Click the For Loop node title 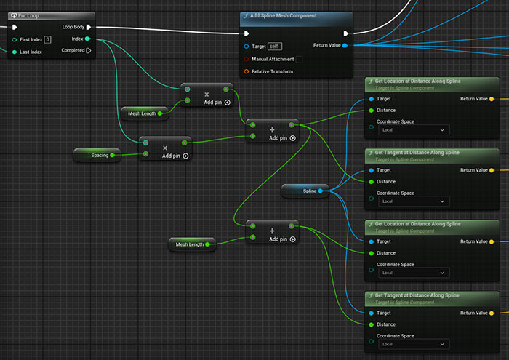[x=28, y=15]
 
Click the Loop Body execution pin [x=89, y=27]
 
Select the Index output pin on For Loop [x=87, y=39]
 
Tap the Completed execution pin [x=89, y=50]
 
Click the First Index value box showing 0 [x=47, y=39]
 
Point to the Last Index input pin [x=15, y=52]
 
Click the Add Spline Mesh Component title [x=283, y=15]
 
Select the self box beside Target [x=275, y=46]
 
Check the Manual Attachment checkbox [x=300, y=59]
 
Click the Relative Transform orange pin [x=247, y=71]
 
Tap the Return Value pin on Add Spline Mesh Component [x=345, y=45]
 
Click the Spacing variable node [x=97, y=155]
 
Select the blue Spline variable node [x=305, y=191]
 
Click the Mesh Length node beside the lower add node [x=192, y=244]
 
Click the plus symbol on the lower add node [x=272, y=231]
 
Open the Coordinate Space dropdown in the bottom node [x=414, y=344]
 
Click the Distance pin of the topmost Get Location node [x=372, y=111]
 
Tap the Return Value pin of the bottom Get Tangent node [x=492, y=313]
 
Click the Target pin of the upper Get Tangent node [x=372, y=170]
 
